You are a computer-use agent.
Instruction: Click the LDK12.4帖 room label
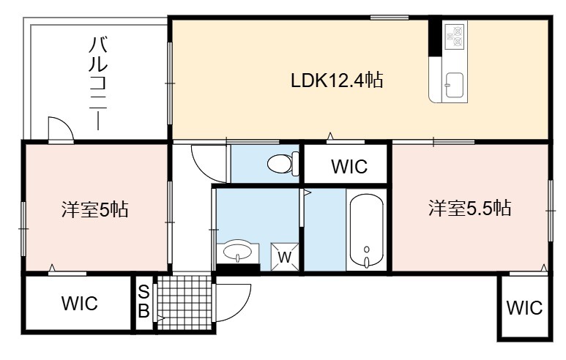[x=337, y=80]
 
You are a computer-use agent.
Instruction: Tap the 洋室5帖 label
[x=95, y=209]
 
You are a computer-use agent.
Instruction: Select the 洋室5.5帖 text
[x=469, y=208]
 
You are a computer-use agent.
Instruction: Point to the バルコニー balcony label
[x=98, y=83]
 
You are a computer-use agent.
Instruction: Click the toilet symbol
[x=283, y=163]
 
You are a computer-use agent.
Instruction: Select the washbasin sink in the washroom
[x=237, y=252]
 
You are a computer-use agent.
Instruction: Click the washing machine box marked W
[x=285, y=257]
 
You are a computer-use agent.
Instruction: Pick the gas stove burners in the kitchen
[x=455, y=35]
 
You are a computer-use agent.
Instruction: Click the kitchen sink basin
[x=455, y=85]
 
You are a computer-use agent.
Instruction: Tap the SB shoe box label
[x=144, y=301]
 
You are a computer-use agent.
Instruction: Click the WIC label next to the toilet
[x=349, y=166]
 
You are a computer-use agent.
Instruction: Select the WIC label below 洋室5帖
[x=79, y=303]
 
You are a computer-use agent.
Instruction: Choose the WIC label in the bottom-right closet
[x=524, y=308]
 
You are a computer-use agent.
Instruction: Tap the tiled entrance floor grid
[x=184, y=303]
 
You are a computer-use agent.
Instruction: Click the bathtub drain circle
[x=367, y=250]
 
